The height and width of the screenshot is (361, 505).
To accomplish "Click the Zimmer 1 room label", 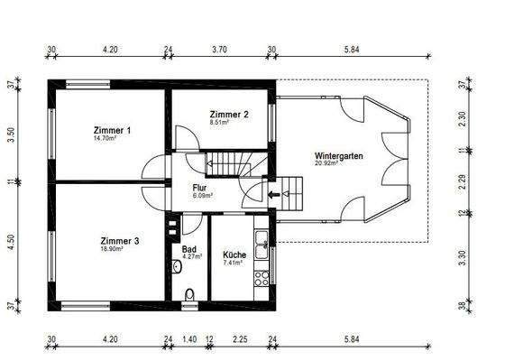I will click(x=112, y=131).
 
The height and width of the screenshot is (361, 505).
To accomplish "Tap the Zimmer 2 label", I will click(x=229, y=115).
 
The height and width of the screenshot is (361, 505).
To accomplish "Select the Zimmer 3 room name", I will click(x=119, y=241).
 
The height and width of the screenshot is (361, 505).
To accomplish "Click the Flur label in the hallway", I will click(x=200, y=188).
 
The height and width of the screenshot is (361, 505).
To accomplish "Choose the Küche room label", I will click(x=234, y=255).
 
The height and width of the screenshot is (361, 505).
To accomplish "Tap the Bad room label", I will click(x=188, y=248).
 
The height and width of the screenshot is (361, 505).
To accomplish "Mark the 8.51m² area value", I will click(x=221, y=124).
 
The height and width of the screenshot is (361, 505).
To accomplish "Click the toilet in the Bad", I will click(x=188, y=293).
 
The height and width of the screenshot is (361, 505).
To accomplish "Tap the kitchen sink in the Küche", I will click(x=261, y=239).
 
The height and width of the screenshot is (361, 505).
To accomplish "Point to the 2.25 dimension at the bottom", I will click(x=239, y=340).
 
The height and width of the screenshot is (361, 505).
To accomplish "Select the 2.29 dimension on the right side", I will click(x=463, y=182).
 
